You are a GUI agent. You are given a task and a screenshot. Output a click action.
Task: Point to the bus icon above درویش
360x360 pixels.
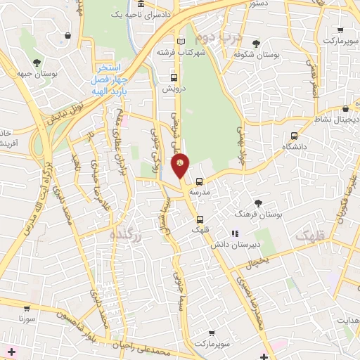173,78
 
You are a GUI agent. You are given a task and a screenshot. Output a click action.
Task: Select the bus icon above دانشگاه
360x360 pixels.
293,136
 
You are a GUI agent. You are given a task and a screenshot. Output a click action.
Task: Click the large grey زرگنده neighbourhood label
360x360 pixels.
127,236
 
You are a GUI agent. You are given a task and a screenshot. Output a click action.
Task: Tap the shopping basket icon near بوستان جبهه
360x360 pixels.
67,35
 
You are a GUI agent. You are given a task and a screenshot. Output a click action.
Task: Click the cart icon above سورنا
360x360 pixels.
26,308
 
